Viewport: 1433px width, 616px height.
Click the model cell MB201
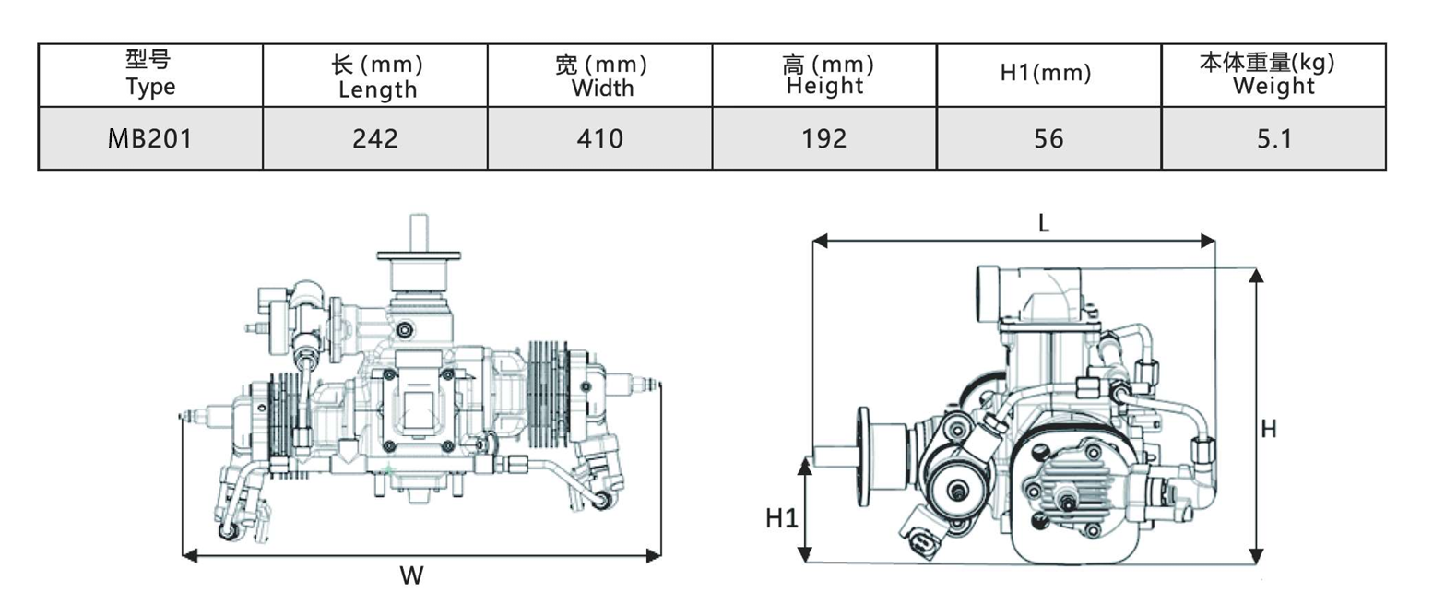(x=149, y=138)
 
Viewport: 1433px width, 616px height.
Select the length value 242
(x=374, y=138)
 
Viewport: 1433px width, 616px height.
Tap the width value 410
(x=599, y=138)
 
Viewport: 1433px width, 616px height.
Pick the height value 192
(x=824, y=138)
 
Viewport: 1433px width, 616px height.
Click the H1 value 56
(x=1048, y=138)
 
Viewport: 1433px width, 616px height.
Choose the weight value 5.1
(x=1273, y=138)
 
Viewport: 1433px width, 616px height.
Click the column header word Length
(x=377, y=89)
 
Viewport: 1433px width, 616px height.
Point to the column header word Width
(x=602, y=89)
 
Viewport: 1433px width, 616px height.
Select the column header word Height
(x=824, y=86)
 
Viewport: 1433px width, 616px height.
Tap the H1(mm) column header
(x=1046, y=75)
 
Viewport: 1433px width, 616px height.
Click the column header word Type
(x=149, y=88)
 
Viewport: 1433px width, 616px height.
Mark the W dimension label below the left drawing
(x=411, y=576)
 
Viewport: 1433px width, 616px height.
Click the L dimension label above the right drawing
(x=1044, y=224)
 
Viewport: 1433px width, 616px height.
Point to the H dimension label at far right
(x=1269, y=429)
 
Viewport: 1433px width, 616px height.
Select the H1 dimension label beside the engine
(x=781, y=518)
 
